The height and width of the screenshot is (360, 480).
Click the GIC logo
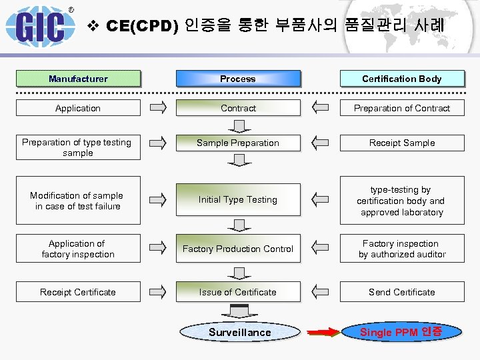point(40,25)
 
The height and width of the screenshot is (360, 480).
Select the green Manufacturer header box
point(78,79)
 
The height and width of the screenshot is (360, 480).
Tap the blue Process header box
point(238,79)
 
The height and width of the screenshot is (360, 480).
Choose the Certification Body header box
point(402,79)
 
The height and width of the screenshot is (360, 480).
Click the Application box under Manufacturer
point(78,108)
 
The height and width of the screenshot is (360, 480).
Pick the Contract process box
point(238,108)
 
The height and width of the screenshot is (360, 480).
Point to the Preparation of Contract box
point(402,108)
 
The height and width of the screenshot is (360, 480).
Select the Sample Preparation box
point(238,143)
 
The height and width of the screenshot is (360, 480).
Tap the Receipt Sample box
point(402,143)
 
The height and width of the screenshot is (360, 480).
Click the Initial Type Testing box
point(238,199)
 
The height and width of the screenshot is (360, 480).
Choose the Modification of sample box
point(78,201)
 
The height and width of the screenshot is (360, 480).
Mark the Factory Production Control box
point(238,249)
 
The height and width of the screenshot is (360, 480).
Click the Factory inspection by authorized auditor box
point(402,249)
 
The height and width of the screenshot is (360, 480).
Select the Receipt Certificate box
point(78,292)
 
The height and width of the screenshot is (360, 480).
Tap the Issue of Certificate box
point(238,292)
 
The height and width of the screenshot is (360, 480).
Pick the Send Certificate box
point(402,292)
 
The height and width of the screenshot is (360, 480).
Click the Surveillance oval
point(240,332)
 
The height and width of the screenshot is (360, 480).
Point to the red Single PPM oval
point(401,332)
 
